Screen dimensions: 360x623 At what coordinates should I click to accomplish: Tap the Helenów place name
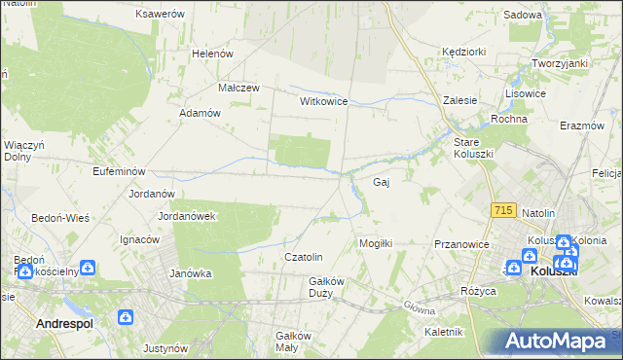(213, 54)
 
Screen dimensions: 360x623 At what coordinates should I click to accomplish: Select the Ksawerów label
(161, 15)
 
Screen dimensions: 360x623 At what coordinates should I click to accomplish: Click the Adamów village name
(202, 113)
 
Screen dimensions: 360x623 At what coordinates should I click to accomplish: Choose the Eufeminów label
(92, 170)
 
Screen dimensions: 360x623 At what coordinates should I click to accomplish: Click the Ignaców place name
(139, 239)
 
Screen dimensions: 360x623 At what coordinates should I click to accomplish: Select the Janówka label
(191, 273)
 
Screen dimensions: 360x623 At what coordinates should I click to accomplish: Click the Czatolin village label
(303, 257)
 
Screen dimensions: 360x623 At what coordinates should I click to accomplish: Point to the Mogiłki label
(376, 243)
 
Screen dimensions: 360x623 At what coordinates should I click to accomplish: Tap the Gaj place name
(383, 182)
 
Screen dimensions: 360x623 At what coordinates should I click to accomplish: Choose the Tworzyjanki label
(559, 63)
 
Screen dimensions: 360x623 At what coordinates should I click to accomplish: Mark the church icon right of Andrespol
(126, 317)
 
